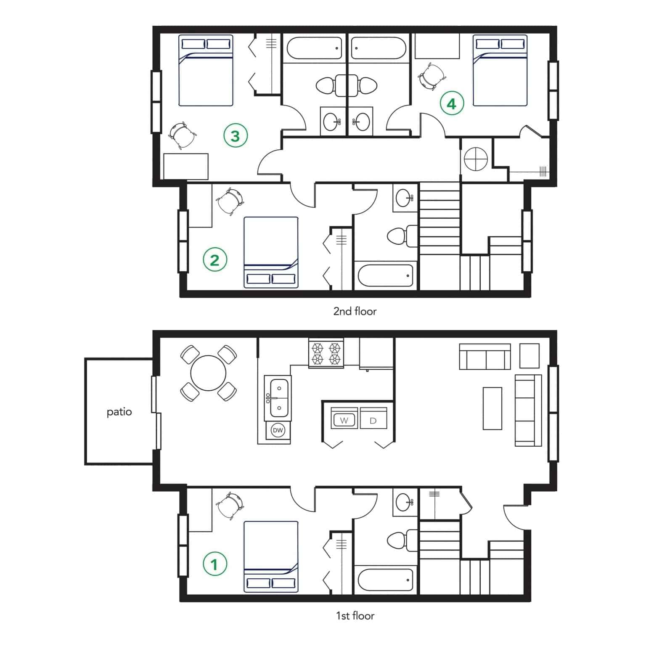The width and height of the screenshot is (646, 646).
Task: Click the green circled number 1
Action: point(214,564)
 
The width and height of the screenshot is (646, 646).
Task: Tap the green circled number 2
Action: point(214,260)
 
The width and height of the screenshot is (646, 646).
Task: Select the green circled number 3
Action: point(235,136)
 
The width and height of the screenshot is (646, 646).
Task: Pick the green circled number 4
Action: point(452,103)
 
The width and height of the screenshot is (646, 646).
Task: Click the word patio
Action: point(119,412)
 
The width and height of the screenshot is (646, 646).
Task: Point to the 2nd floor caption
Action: point(355,311)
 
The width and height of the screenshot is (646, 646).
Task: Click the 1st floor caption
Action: point(355,616)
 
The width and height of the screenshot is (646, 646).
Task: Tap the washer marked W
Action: point(344,420)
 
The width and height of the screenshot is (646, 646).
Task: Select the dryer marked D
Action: point(373,420)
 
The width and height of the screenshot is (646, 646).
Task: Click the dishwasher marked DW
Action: point(278,430)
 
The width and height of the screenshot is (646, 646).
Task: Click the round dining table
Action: point(208,373)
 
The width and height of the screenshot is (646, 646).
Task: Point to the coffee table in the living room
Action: point(492,408)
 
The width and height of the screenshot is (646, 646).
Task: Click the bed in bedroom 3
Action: point(206,70)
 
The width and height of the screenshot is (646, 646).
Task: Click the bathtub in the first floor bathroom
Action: point(385,580)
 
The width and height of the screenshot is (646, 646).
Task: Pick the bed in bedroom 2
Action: point(271,252)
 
